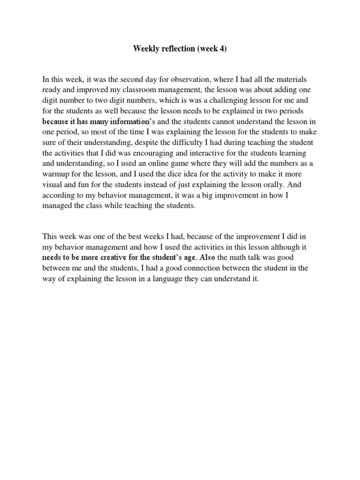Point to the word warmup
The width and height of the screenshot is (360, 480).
[x=57, y=173]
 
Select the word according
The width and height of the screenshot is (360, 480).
[x=60, y=194]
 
